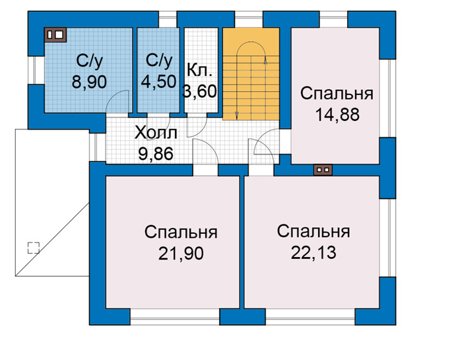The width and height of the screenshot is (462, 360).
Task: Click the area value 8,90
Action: [89, 82]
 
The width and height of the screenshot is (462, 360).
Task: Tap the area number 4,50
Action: [158, 81]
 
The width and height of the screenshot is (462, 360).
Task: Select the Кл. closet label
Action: [199, 71]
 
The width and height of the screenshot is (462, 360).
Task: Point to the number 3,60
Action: [200, 91]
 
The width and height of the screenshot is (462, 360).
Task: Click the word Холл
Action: [156, 133]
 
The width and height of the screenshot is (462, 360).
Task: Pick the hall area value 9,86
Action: [156, 154]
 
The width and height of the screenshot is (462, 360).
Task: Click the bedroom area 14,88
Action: [337, 114]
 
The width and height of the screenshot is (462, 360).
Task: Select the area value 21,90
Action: [181, 253]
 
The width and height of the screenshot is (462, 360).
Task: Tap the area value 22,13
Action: [313, 253]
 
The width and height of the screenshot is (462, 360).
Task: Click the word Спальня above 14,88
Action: [337, 93]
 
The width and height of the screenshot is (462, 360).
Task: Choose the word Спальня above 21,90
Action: [181, 233]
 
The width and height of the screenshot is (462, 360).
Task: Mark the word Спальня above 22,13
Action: [313, 232]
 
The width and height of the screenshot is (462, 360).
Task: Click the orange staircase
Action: [251, 74]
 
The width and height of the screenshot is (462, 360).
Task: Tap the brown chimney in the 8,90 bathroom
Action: [55, 35]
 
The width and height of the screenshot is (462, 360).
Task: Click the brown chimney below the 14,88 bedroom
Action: [323, 170]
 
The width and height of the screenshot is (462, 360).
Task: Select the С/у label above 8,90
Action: [90, 61]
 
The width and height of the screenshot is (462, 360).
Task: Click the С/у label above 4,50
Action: [159, 61]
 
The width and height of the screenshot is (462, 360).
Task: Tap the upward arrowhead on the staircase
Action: [265, 60]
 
